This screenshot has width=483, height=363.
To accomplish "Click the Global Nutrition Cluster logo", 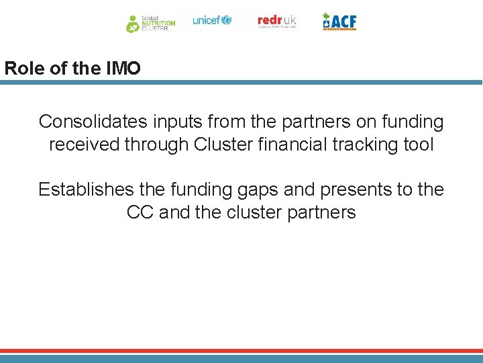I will pyautogui.click(x=150, y=23).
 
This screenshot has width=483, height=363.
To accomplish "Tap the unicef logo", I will pyautogui.click(x=211, y=20).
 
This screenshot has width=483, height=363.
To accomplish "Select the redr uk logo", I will pyautogui.click(x=276, y=22).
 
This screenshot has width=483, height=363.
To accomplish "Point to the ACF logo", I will pyautogui.click(x=339, y=22).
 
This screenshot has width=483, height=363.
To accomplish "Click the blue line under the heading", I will pyautogui.click(x=241, y=83).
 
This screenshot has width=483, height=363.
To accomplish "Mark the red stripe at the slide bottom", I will pyautogui.click(x=241, y=351).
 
